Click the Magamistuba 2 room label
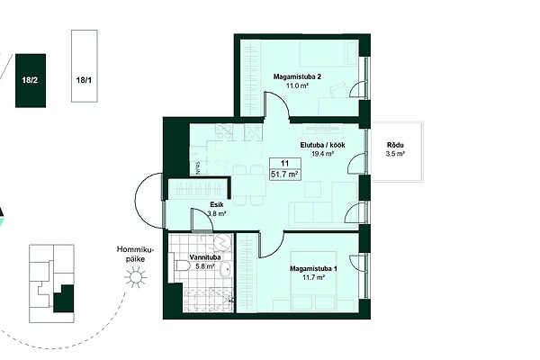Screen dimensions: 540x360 click(297, 76)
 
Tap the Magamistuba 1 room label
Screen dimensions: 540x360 click(313, 268)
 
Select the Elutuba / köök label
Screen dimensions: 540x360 click(323, 145)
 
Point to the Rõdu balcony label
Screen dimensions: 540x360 click(395, 145)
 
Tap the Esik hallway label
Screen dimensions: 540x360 click(217, 204)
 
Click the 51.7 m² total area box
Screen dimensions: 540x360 click(284, 175)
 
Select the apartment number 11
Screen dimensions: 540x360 click(284, 163)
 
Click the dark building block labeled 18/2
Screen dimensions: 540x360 click(31, 81)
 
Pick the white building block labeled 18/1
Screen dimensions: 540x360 click(85, 66)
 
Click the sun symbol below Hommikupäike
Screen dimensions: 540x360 click(135, 276)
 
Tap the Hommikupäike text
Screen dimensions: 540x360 click(135, 254)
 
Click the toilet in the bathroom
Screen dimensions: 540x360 click(180, 265)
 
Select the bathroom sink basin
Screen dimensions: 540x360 click(226, 269)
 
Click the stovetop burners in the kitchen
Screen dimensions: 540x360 click(224, 132)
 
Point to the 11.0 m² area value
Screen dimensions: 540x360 click(297, 85)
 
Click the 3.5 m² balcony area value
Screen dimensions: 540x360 click(395, 154)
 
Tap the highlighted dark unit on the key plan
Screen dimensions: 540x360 click(64, 299)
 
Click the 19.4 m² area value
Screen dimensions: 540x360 click(323, 154)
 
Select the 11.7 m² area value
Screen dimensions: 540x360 click(313, 277)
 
